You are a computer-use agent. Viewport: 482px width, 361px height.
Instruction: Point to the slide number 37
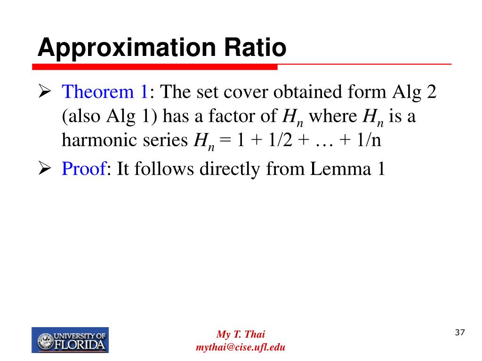(x=460, y=333)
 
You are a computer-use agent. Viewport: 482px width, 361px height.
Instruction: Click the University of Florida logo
(x=70, y=340)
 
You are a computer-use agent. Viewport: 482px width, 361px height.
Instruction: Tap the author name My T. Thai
(x=241, y=335)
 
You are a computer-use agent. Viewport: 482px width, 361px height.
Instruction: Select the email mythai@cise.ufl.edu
(x=241, y=347)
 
